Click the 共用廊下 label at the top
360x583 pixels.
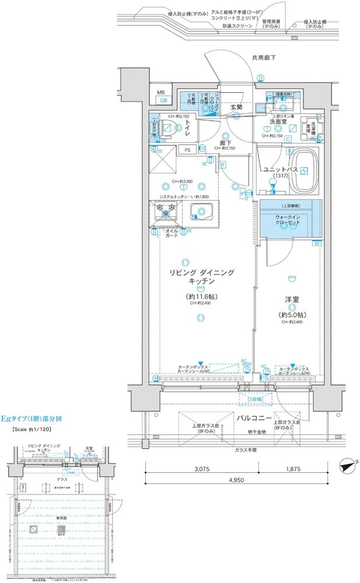[x=264, y=58]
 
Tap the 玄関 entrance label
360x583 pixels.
[x=236, y=107]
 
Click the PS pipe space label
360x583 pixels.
[x=187, y=150]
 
